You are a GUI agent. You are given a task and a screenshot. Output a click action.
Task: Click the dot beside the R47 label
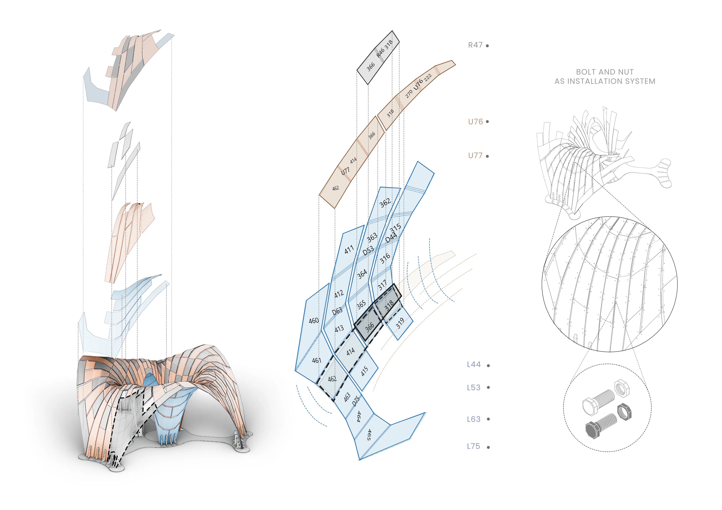click(x=487, y=46)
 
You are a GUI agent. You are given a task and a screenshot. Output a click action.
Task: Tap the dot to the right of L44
click(x=488, y=365)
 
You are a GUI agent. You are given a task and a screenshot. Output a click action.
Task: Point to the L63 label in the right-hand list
click(x=474, y=419)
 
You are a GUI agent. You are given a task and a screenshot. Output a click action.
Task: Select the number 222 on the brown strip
click(x=428, y=78)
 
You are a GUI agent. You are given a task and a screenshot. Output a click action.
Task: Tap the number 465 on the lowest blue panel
click(x=369, y=435)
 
